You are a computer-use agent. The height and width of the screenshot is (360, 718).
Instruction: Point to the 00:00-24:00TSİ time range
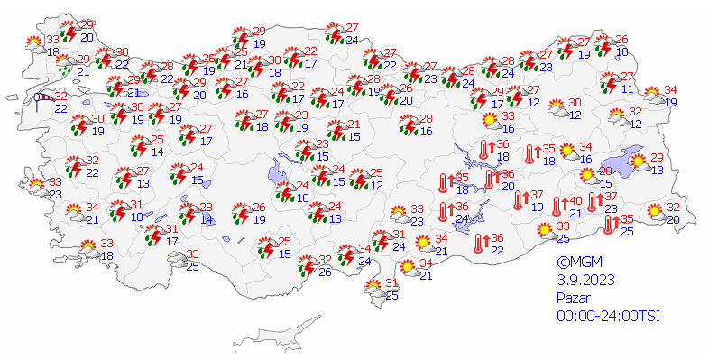609,314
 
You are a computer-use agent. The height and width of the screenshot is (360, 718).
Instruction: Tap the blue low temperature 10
622,52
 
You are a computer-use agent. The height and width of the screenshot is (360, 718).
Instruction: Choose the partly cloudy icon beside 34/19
652,94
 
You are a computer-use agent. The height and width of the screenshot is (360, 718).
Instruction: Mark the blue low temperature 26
324,272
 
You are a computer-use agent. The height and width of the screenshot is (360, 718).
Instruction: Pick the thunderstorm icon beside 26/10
604,45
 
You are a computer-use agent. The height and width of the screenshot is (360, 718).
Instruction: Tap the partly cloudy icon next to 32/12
618,116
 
